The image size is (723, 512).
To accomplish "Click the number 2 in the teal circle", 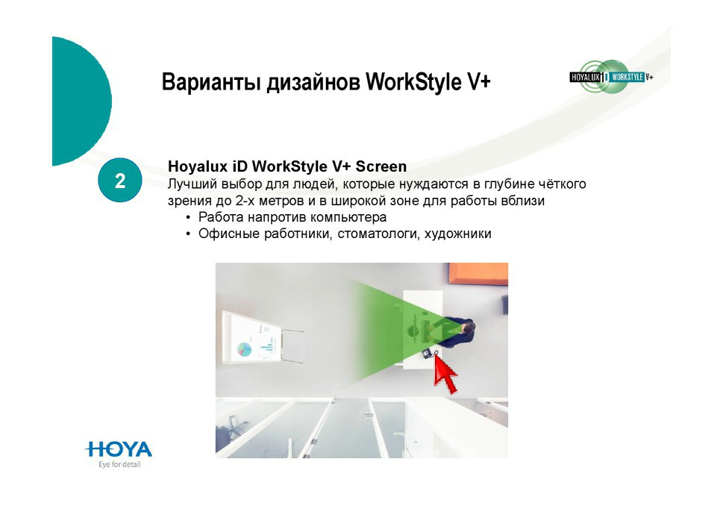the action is [x=120, y=181].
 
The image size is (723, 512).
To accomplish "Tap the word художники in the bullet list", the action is [x=458, y=234].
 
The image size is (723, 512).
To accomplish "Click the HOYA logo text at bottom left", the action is [x=119, y=449].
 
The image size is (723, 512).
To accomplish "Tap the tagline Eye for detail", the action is [x=119, y=464].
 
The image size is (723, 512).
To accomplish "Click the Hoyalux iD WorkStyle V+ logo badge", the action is [x=611, y=77].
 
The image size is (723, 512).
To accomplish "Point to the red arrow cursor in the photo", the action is [x=445, y=375].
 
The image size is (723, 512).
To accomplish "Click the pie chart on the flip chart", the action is [x=245, y=349].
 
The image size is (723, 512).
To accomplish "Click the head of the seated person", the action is [x=469, y=328].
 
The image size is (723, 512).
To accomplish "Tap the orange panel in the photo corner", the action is [x=478, y=273].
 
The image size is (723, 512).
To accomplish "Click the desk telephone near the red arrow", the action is [x=427, y=353].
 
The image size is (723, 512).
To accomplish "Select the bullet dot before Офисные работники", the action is [x=188, y=234].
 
